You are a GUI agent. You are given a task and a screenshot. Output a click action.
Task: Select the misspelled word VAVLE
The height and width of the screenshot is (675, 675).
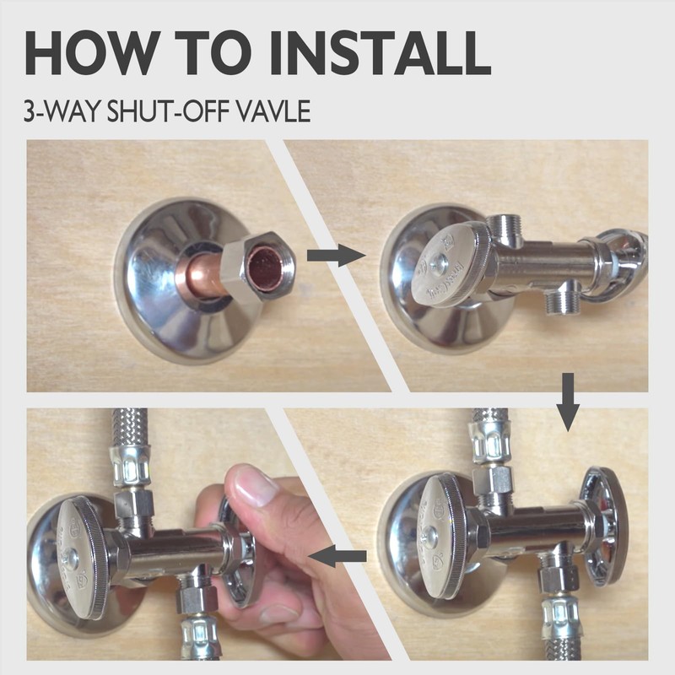[273, 111]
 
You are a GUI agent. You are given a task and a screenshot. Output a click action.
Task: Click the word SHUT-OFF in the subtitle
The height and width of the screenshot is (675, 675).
[170, 111]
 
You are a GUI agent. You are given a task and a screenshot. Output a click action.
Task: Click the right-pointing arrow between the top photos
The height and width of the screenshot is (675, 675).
[336, 256]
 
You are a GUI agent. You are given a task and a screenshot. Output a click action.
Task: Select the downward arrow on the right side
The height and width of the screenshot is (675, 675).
[568, 402]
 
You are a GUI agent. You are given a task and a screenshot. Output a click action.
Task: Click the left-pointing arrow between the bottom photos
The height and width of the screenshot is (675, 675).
[337, 556]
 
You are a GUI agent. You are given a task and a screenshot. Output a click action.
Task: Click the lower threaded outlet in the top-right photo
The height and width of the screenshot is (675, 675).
[559, 296]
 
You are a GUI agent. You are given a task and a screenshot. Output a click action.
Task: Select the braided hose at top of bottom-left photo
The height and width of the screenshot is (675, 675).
[130, 426]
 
